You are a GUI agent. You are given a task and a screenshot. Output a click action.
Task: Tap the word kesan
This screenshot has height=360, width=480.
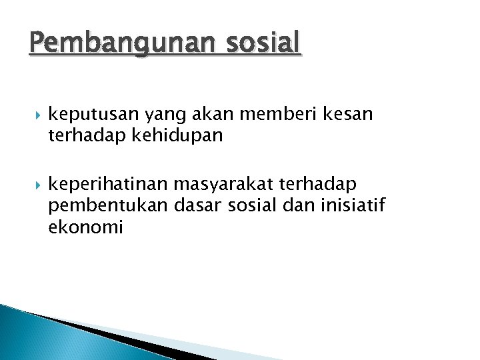(x=349, y=114)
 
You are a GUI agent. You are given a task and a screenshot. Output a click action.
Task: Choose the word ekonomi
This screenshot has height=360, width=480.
(x=85, y=227)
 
